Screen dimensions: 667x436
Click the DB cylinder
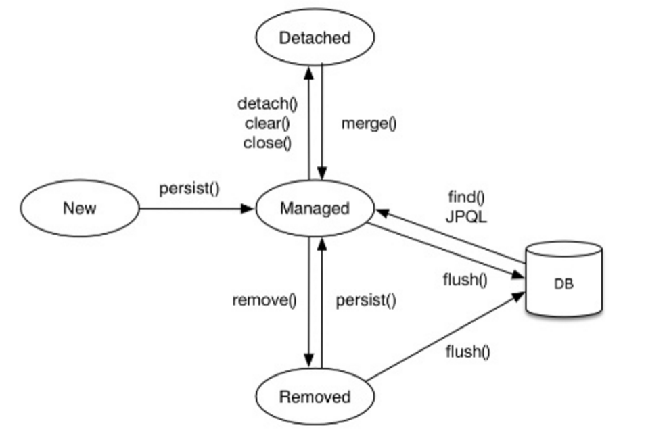point(564,278)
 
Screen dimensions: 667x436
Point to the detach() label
point(268,103)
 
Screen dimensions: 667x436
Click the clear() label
point(267,123)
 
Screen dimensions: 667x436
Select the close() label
point(267,143)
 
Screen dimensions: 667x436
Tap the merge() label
point(369,124)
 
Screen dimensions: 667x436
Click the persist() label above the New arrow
point(189,188)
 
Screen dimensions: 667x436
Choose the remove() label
point(264,300)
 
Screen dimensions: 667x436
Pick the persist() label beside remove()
point(366,300)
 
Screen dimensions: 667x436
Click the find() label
point(466,197)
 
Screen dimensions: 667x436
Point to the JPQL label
point(466,217)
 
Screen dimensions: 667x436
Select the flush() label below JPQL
point(465,280)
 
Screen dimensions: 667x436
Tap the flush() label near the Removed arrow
point(468,352)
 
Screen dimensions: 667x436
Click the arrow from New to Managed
point(197,208)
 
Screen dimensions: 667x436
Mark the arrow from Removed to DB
point(445,336)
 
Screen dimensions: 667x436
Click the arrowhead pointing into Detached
point(309,73)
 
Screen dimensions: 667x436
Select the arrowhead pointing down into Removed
point(309,361)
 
